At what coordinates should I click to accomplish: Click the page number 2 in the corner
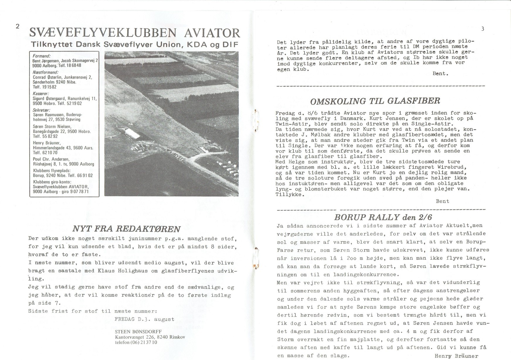click(17, 26)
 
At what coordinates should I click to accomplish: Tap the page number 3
click(483, 29)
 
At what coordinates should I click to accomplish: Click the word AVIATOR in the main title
click(212, 33)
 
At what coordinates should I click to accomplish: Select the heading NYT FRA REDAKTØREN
click(126, 229)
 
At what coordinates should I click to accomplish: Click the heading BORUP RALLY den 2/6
click(383, 217)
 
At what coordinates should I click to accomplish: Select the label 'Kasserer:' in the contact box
click(40, 94)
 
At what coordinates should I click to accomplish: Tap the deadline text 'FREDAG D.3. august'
click(144, 319)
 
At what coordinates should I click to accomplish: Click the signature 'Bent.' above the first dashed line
click(440, 74)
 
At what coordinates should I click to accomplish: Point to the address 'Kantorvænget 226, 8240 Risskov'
click(150, 337)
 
